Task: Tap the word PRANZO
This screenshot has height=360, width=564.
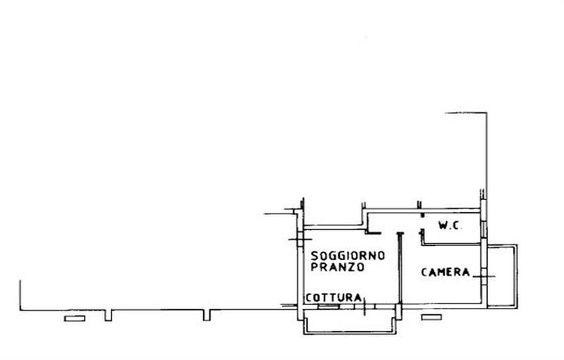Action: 336,268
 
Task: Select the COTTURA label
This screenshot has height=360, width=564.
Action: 333,297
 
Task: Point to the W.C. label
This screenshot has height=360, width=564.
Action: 449,226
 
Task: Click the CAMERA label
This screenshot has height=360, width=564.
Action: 446,272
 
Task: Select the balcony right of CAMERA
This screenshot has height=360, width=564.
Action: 502,275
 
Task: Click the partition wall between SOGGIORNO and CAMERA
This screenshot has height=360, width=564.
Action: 399,271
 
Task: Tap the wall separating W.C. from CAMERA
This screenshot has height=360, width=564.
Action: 451,244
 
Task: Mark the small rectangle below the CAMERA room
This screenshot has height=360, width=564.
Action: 431,317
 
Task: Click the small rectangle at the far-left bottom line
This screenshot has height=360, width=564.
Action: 73,318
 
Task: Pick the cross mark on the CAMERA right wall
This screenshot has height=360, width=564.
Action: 484,276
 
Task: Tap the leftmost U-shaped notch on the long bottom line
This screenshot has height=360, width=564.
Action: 109,314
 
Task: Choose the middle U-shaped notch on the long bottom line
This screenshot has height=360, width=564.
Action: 207,314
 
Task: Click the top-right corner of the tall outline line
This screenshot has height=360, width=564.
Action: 486,113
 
